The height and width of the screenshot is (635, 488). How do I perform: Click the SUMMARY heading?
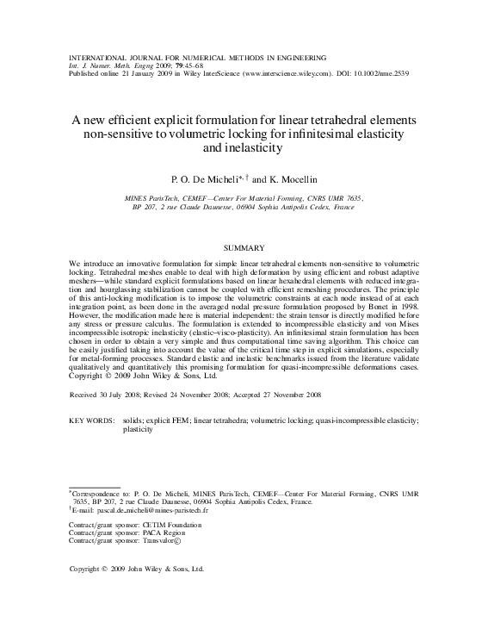(x=244, y=247)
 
